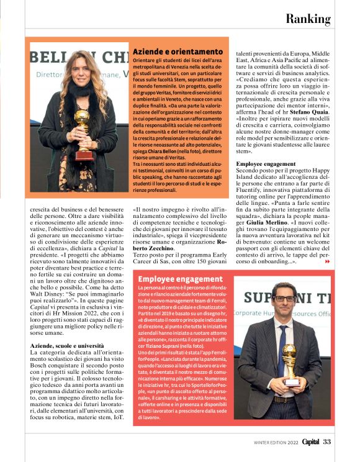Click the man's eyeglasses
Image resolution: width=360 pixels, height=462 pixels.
[284, 299]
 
